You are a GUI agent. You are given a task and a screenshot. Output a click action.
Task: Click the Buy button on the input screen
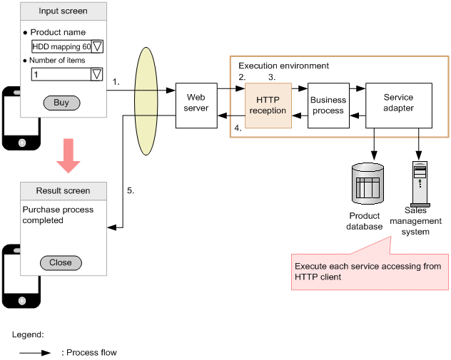tap(61, 103)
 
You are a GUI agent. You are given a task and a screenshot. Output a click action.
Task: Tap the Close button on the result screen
tap(61, 262)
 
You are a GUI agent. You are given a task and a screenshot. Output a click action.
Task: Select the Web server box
tap(196, 103)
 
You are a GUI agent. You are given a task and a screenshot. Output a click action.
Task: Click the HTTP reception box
tap(268, 106)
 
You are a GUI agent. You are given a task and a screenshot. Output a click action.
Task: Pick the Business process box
tap(328, 106)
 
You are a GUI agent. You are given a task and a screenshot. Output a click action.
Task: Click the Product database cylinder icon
tap(368, 184)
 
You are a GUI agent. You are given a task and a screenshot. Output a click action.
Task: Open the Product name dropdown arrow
tap(98, 46)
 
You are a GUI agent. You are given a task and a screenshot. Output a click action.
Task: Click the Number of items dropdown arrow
tap(97, 73)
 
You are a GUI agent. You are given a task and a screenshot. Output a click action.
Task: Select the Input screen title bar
tap(64, 11)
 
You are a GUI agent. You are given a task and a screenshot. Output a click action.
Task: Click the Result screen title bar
tap(64, 191)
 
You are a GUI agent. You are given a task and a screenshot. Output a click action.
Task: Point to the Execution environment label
tap(283, 66)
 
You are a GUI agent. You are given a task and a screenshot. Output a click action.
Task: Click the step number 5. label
tap(131, 191)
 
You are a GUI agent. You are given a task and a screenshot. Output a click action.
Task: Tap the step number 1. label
tap(116, 82)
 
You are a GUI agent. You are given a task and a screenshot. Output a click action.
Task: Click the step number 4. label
tap(238, 129)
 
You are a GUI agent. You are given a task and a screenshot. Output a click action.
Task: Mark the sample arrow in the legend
tap(35, 352)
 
